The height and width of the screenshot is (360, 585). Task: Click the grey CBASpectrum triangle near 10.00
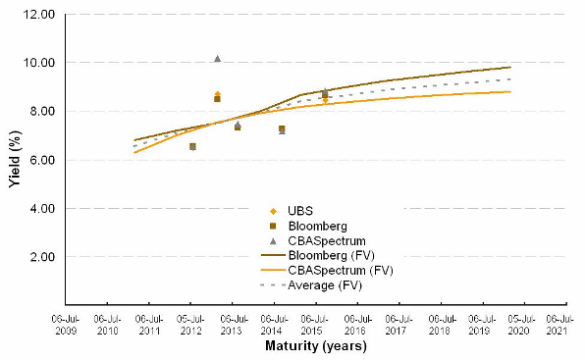[x=218, y=59]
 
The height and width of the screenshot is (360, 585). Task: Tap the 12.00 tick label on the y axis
[x=39, y=15]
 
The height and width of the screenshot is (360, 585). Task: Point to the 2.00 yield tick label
[x=42, y=257]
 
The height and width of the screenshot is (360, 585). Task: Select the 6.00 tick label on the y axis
[x=42, y=160]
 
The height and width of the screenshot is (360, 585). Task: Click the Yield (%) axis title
[x=15, y=159]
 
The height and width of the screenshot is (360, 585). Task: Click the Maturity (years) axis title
[x=316, y=346]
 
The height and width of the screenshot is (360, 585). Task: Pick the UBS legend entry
[x=291, y=211]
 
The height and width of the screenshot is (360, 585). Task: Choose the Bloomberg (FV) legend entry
[x=317, y=255]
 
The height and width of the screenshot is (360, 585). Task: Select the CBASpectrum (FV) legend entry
[x=327, y=270]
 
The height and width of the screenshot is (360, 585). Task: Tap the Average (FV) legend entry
[x=311, y=285]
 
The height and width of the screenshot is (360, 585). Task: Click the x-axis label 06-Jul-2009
[x=66, y=325]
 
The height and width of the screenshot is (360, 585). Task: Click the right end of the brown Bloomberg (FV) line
[x=510, y=67]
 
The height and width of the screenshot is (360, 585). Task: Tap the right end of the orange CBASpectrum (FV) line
[x=510, y=91]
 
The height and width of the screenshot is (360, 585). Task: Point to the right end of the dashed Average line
[x=510, y=79]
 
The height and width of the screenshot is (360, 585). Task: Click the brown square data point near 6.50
[x=192, y=146]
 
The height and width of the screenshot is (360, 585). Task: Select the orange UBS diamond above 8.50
[x=218, y=93]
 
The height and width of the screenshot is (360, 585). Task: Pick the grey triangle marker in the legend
[x=273, y=241]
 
